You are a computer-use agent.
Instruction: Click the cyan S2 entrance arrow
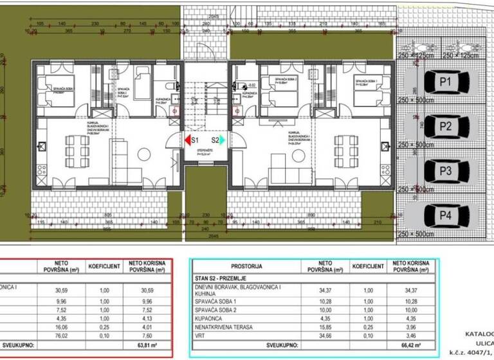click(x=222, y=139)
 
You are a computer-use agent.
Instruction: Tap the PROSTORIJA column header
click(x=246, y=266)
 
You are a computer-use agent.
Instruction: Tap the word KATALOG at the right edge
click(x=479, y=333)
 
